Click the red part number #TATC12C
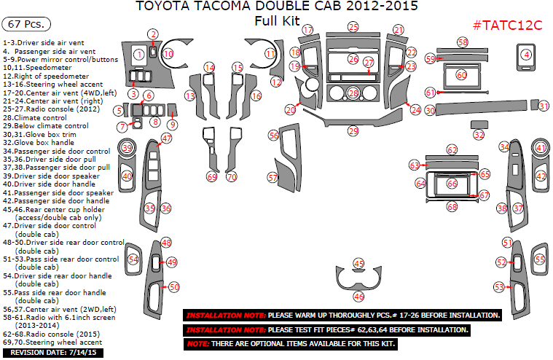507,25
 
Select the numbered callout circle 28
353,93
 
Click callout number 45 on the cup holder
358,263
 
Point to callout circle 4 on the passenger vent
526,55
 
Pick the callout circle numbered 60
460,74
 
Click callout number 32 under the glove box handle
479,135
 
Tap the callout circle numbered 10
168,53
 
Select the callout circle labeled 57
272,177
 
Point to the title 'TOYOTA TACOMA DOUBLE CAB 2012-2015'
277,7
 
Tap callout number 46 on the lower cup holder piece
358,296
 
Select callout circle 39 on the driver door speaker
127,149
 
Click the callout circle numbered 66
452,184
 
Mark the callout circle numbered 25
353,27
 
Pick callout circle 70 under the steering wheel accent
232,177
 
